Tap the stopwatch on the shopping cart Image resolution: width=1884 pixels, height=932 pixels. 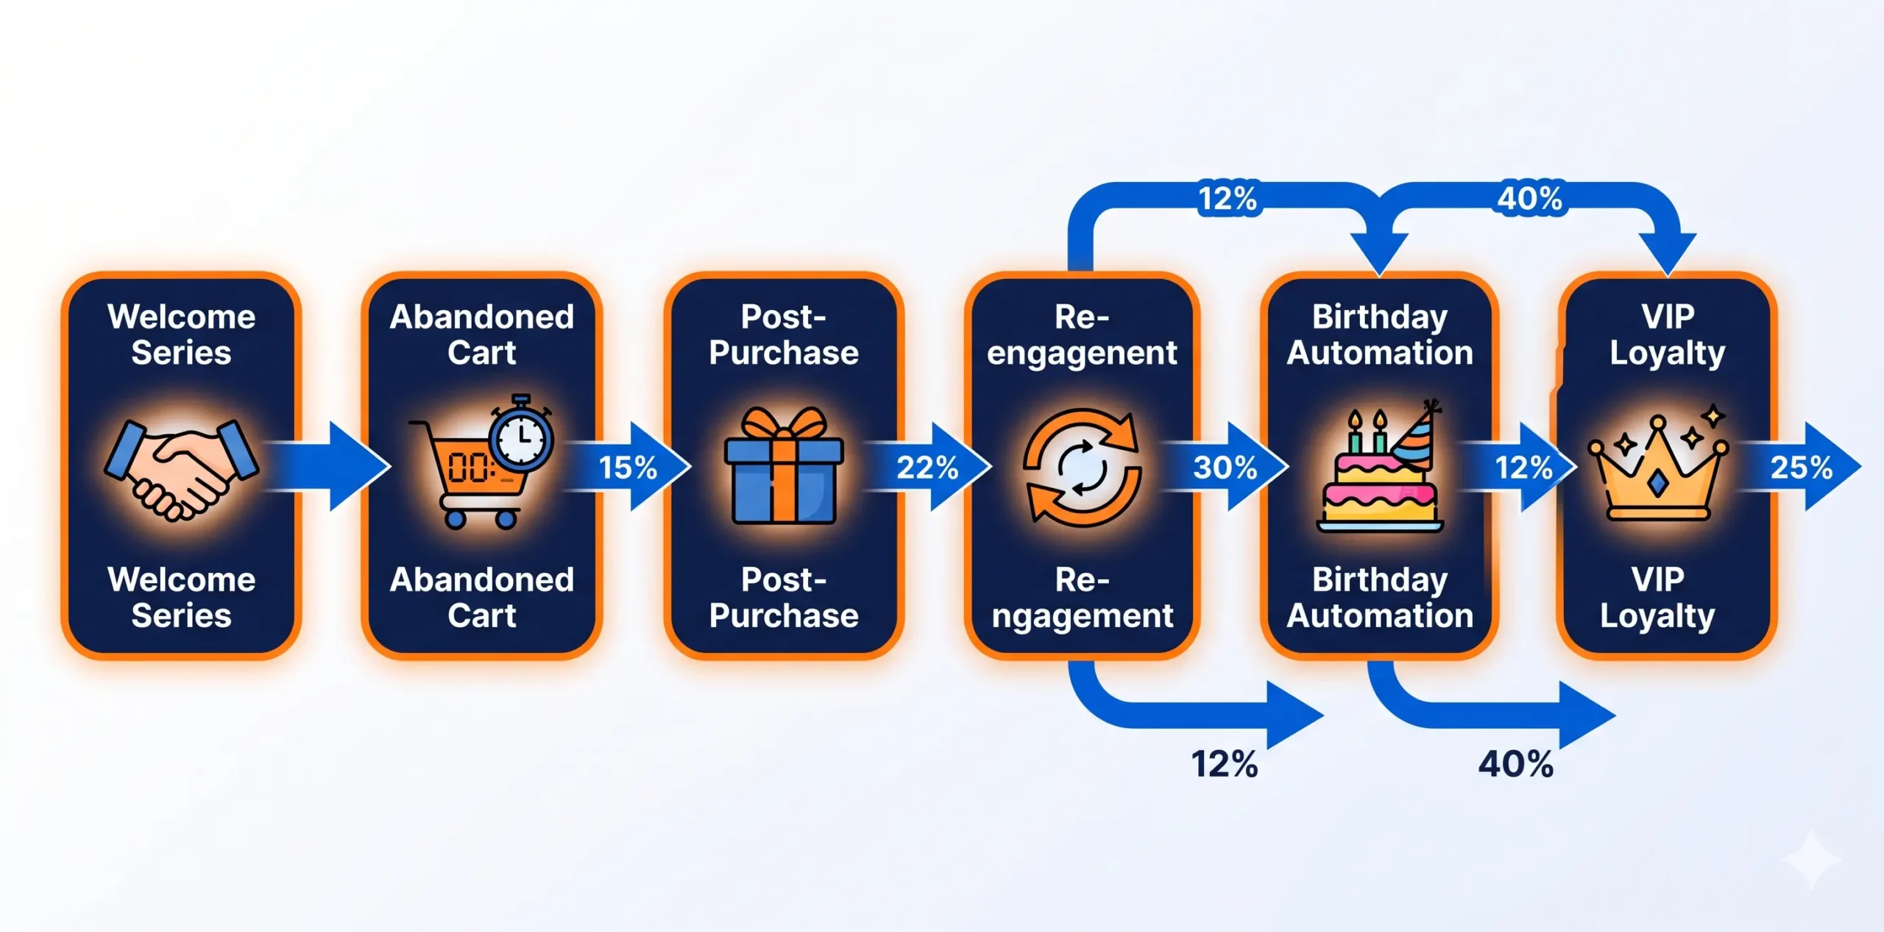click(521, 434)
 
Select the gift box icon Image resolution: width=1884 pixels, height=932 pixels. click(783, 466)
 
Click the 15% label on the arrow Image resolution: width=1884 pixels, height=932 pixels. click(628, 467)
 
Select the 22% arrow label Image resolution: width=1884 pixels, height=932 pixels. click(927, 467)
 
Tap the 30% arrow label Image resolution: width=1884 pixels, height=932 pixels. click(1225, 467)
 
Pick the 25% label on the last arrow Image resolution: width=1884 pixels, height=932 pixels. click(1802, 467)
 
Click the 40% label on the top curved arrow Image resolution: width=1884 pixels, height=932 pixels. click(1530, 199)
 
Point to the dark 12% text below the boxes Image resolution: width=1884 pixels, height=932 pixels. click(1225, 764)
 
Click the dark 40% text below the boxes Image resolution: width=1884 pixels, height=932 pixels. click(1516, 764)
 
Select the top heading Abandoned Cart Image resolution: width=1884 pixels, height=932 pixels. click(482, 335)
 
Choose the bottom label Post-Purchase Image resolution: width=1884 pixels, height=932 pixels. click(784, 598)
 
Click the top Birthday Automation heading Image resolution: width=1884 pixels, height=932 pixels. click(1380, 335)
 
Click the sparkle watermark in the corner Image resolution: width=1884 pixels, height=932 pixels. click(1811, 859)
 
